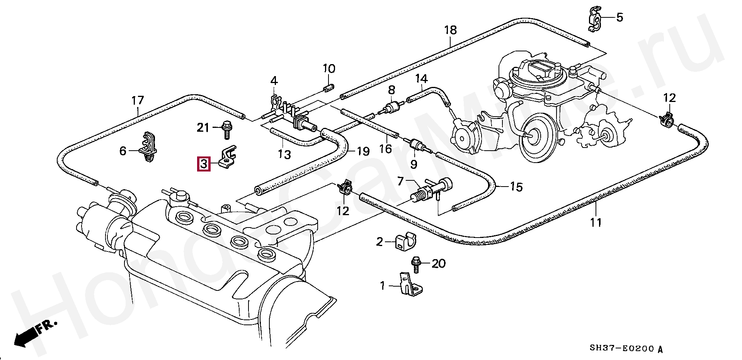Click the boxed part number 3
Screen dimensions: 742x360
pos(204,164)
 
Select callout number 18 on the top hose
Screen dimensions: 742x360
pos(451,30)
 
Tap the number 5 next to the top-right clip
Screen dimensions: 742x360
pos(619,17)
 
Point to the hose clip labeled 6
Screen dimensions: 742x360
pos(148,148)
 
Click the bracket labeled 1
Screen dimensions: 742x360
pos(410,285)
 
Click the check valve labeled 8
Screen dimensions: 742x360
pos(391,107)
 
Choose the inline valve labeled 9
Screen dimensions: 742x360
pos(417,146)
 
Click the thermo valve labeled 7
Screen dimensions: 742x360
pos(431,190)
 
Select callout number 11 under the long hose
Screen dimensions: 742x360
pos(596,222)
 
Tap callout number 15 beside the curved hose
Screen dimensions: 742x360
pos(516,187)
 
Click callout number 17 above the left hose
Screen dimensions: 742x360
pos(137,101)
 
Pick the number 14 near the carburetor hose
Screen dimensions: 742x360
pos(422,79)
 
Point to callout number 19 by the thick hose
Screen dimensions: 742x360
pos(363,151)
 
